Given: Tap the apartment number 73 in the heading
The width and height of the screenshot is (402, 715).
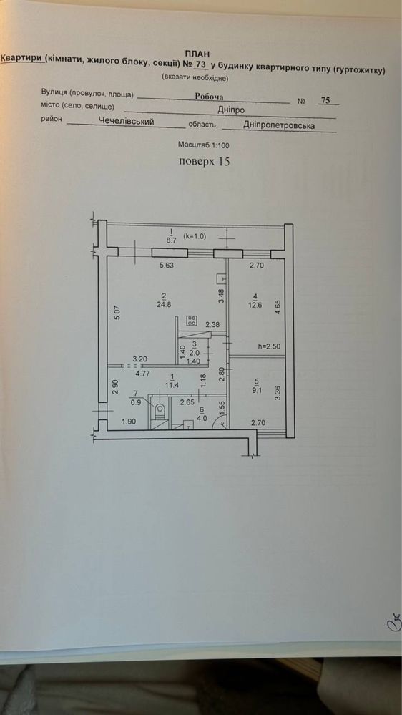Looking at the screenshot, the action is click(x=199, y=64).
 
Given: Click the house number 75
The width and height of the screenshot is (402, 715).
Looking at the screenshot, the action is click(x=325, y=100).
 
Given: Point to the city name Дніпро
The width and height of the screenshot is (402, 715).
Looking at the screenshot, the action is click(x=232, y=110).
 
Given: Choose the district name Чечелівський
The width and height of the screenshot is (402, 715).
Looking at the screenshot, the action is click(x=127, y=122).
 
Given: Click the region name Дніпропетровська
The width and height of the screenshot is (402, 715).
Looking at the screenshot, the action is click(x=278, y=125).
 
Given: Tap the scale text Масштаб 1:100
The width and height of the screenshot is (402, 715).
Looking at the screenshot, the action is click(x=203, y=145).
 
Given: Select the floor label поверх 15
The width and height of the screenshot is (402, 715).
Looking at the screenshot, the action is click(x=204, y=162).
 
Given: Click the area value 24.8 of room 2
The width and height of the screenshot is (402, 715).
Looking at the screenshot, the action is click(x=163, y=304).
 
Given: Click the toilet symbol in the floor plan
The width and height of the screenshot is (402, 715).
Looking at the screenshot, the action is click(x=160, y=411).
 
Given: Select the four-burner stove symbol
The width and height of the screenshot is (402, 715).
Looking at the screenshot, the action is click(x=192, y=321).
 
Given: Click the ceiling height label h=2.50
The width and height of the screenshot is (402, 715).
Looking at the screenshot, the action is click(x=270, y=346).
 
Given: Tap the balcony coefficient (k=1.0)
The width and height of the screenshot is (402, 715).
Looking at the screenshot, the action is click(x=195, y=236).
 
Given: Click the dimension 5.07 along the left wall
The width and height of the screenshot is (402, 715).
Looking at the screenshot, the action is click(x=117, y=312).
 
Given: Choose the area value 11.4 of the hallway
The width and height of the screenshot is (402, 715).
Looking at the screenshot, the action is click(x=172, y=384).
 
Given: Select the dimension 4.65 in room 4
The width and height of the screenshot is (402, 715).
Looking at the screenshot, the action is click(x=278, y=305).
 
